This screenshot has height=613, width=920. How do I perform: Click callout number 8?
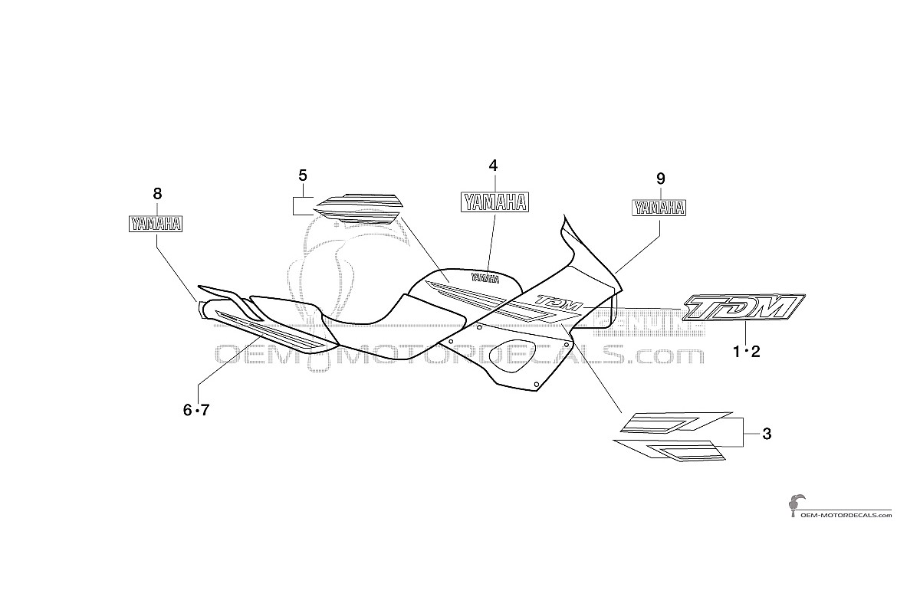[157, 193]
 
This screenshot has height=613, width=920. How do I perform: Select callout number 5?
[303, 175]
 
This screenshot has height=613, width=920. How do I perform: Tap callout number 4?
[493, 166]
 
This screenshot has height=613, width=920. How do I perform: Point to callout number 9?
[660, 179]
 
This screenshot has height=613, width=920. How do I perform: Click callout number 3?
[767, 434]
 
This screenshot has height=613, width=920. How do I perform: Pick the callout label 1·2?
[747, 352]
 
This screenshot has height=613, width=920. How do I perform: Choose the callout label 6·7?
[196, 409]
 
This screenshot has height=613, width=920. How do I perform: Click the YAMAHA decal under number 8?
[156, 224]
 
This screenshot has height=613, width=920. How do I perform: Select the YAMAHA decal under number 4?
[495, 202]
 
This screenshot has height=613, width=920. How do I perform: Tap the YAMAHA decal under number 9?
[659, 208]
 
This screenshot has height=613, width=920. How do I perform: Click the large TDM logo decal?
[744, 307]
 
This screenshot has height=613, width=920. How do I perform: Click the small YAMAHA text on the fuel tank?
[486, 278]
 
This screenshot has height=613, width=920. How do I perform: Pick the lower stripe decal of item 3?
[669, 450]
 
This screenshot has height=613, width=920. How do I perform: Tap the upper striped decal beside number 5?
[358, 200]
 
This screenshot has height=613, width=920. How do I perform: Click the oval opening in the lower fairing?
[512, 356]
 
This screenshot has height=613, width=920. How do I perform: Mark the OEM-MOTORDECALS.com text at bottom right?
[846, 515]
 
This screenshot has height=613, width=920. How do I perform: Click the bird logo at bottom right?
[796, 506]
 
